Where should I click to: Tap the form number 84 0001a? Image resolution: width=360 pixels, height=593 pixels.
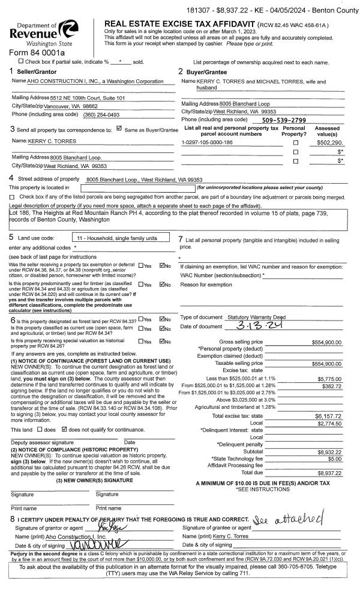pos(36,53)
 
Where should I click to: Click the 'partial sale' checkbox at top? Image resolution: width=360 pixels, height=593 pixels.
pos(22,61)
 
